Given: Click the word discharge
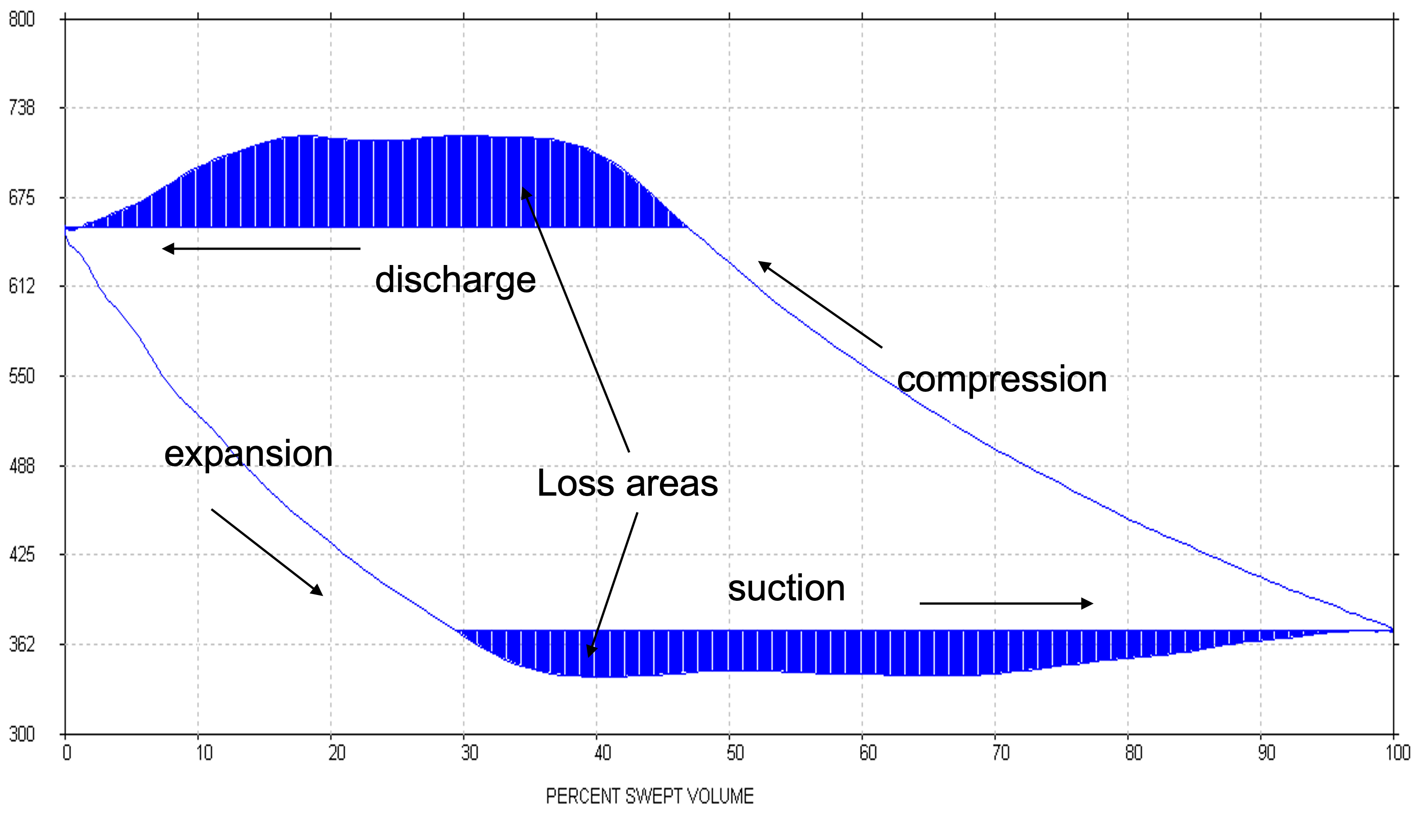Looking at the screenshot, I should click(455, 280).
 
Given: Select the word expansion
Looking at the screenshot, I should click(248, 453).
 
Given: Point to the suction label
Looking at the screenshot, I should click(786, 588).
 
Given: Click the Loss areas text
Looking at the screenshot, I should click(627, 483).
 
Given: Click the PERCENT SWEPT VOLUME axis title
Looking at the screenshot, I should click(649, 796).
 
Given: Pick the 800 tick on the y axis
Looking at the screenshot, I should click(22, 19).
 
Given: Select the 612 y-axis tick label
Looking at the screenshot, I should click(22, 287).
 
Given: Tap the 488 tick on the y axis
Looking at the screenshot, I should click(22, 466).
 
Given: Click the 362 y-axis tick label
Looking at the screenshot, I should click(22, 644).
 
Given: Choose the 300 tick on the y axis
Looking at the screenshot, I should click(22, 734).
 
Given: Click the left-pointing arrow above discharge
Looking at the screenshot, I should click(261, 248).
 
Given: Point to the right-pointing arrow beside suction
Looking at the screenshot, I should click(1006, 603).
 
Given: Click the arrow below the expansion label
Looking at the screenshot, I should click(267, 552).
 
